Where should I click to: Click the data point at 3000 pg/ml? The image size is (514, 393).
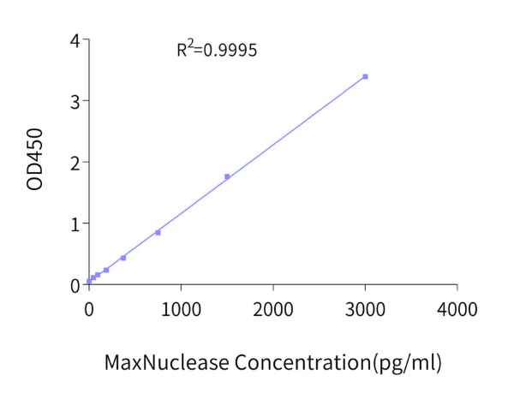click(x=365, y=77)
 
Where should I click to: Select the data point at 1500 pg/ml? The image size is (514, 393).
click(x=227, y=177)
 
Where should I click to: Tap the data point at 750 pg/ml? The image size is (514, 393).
click(x=158, y=232)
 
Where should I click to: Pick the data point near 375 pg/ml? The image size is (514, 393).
click(x=123, y=258)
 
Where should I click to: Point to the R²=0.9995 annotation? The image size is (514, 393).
click(x=217, y=50)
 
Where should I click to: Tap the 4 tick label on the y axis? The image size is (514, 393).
click(x=75, y=40)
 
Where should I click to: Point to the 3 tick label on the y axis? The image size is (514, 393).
click(x=75, y=101)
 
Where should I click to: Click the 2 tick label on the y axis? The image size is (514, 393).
click(x=75, y=163)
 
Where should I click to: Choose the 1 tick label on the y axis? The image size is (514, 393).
click(x=75, y=223)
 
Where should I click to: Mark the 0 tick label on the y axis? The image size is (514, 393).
click(x=75, y=285)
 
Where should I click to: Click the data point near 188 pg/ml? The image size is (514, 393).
click(x=106, y=271)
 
